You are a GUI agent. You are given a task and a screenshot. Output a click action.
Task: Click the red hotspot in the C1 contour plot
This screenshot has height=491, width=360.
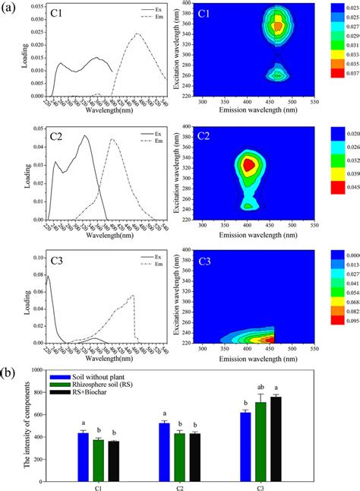pos(278,25)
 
